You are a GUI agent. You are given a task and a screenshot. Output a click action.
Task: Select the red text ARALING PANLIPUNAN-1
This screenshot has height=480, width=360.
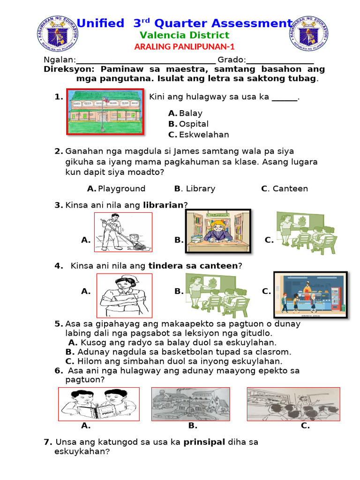coord(184,46)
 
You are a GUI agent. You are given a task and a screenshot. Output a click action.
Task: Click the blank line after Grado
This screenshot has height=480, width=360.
coord(280,60)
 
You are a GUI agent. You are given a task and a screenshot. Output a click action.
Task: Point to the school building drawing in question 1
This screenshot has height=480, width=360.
coord(105,112)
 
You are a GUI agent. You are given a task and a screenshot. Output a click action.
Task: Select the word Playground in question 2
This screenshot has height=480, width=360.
coord(121,188)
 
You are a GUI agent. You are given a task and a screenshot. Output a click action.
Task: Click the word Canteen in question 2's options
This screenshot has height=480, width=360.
coord(290,188)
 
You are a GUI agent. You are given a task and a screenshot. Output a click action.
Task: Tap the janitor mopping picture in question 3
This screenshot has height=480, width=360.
coord(123,232)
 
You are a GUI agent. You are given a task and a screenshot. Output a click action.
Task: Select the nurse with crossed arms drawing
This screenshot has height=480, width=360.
coord(124,296)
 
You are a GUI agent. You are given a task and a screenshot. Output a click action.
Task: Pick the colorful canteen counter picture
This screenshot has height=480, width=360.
coord(310,294)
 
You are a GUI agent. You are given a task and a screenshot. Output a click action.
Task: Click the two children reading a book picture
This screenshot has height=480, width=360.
coord(98,404)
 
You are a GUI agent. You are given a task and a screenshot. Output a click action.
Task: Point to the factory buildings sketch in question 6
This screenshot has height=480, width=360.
coord(190,404)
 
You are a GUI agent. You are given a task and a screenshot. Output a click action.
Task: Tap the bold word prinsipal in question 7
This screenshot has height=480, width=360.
coord(204,442)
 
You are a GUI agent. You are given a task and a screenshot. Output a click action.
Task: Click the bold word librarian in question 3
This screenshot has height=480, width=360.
coord(163,205)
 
